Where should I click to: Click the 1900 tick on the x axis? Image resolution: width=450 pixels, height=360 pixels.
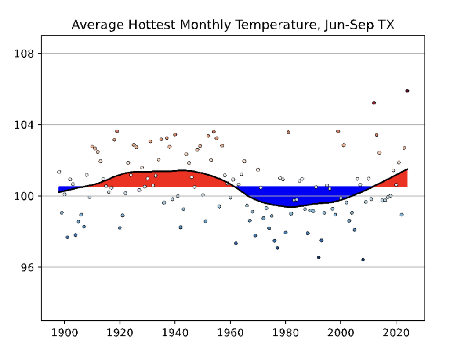click(65, 333)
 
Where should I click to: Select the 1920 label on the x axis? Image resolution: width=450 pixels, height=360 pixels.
click(120, 333)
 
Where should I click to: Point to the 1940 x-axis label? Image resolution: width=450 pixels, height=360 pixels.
click(175, 333)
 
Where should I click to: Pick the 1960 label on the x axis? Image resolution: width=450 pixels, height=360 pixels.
click(230, 333)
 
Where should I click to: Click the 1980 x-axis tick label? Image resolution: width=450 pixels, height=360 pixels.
click(286, 333)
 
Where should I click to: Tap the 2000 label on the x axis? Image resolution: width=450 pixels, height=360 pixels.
click(341, 333)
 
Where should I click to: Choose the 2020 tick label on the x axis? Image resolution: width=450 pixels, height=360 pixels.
click(396, 333)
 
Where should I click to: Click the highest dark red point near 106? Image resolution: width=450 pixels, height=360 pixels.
click(407, 91)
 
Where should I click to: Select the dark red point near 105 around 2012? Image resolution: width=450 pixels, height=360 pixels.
click(374, 103)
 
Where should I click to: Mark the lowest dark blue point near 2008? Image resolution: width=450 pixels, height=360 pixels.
click(363, 259)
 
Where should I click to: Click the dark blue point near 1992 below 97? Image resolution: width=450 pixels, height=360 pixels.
click(319, 257)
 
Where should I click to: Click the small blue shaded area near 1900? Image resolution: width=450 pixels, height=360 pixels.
click(62, 189)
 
